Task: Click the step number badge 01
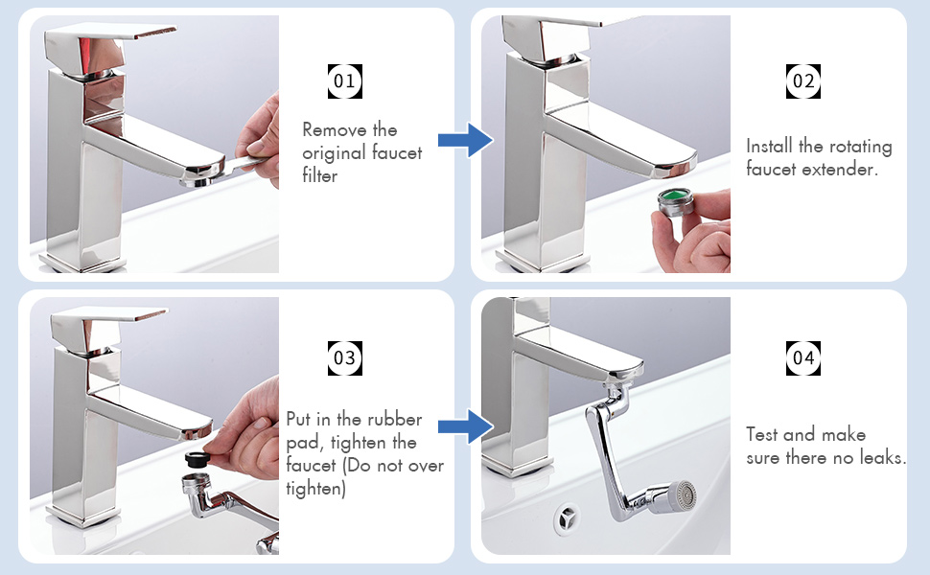click(344, 81)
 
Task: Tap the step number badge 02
click(803, 81)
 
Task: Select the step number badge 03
click(344, 358)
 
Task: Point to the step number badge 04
click(803, 358)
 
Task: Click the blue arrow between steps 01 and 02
click(466, 141)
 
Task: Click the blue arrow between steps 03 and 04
click(466, 426)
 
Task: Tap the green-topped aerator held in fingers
click(676, 203)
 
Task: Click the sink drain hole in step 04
click(568, 519)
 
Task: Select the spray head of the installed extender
click(677, 497)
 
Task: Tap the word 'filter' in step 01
click(319, 175)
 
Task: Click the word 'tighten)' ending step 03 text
click(316, 489)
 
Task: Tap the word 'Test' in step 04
click(761, 434)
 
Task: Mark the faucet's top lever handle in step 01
click(110, 43)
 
